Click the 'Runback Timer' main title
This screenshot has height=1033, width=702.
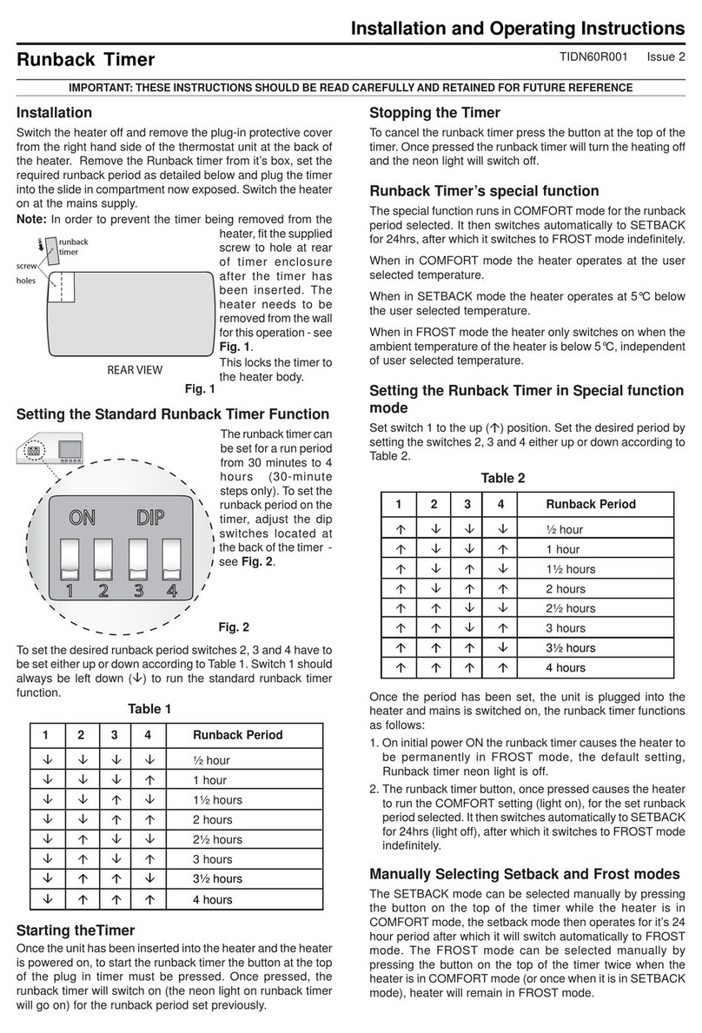(86, 60)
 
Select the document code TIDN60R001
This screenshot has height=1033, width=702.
(585, 58)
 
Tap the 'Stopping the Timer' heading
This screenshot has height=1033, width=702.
(434, 112)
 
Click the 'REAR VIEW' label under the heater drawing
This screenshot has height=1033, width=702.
(134, 370)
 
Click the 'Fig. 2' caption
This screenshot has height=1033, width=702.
(233, 626)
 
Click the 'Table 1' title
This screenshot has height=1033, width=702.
(149, 709)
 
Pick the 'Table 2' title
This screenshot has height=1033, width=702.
(503, 478)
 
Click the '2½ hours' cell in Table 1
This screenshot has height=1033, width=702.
(217, 840)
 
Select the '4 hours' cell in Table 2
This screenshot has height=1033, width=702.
(566, 668)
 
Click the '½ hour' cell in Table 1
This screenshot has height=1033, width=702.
(211, 760)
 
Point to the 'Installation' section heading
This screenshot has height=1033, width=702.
(55, 112)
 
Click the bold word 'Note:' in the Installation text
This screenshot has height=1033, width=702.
(32, 219)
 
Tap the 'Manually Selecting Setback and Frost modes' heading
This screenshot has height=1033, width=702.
(525, 874)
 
